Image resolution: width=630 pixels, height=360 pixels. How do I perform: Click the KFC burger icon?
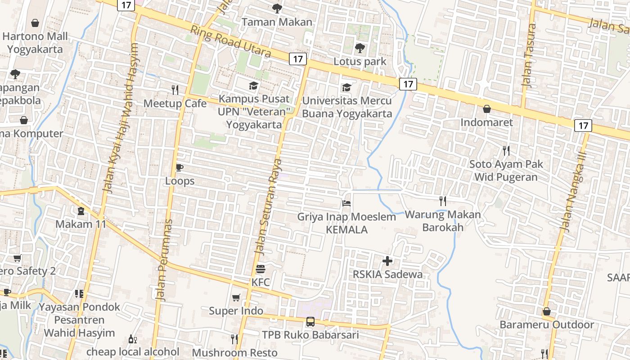pyautogui.click(x=261, y=269)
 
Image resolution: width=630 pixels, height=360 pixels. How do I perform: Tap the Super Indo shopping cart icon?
pyautogui.click(x=236, y=297)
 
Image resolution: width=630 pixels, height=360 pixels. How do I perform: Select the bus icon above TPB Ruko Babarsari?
pyautogui.click(x=310, y=321)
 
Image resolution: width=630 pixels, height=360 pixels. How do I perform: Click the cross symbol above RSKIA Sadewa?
pyautogui.click(x=387, y=261)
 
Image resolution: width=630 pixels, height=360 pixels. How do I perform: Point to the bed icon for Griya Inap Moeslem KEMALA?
pyautogui.click(x=346, y=203)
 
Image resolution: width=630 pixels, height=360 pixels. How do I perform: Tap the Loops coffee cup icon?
pyautogui.click(x=180, y=167)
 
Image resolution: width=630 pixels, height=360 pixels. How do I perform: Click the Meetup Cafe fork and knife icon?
pyautogui.click(x=175, y=90)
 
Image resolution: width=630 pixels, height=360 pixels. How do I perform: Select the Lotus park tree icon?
pyautogui.click(x=360, y=48)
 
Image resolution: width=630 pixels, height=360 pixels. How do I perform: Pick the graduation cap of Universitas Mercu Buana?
pyautogui.click(x=346, y=87)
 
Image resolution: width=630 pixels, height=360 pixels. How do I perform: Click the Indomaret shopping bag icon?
pyautogui.click(x=486, y=109)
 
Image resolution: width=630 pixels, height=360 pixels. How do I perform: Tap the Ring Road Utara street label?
pyautogui.click(x=230, y=42)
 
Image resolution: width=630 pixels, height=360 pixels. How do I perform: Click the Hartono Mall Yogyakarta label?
pyautogui.click(x=35, y=43)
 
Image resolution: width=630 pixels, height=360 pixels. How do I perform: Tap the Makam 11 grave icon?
pyautogui.click(x=81, y=211)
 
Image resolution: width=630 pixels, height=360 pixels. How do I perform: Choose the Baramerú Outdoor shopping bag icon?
pyautogui.click(x=546, y=311)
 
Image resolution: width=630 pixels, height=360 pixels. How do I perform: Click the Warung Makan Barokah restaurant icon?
pyautogui.click(x=443, y=201)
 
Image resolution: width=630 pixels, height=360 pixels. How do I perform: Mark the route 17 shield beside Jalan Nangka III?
pyautogui.click(x=583, y=126)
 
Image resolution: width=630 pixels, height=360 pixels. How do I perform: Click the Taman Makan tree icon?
pyautogui.click(x=277, y=8)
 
